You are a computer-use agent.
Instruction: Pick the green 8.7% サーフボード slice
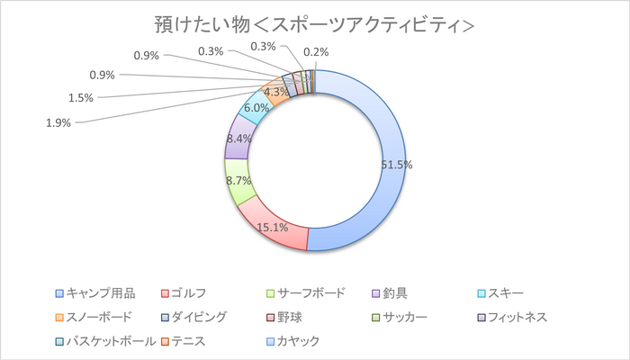[x=238, y=184]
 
